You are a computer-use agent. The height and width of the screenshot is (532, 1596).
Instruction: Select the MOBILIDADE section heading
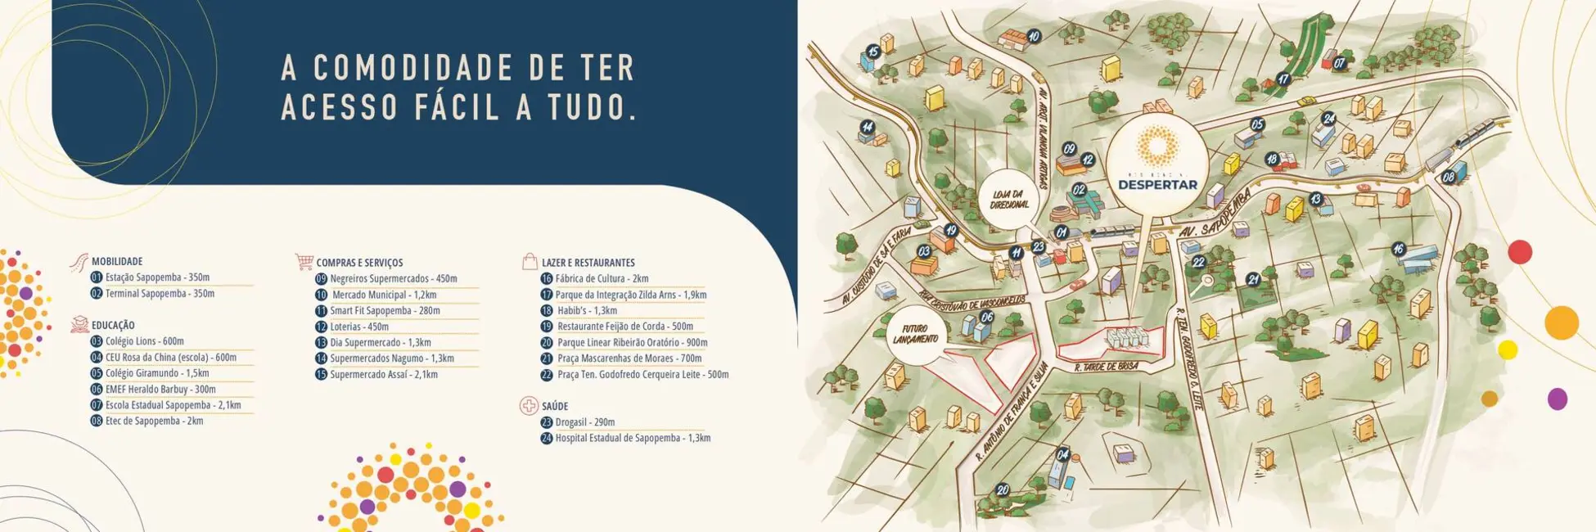click(117, 261)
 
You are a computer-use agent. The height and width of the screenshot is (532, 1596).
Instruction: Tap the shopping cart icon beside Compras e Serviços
click(304, 262)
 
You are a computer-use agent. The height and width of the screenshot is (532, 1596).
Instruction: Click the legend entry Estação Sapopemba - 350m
click(157, 277)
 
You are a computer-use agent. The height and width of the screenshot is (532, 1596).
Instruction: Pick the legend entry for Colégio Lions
click(144, 341)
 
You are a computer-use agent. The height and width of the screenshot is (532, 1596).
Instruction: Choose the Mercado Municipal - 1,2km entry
click(383, 295)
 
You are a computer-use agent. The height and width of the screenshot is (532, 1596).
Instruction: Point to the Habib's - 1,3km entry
click(586, 311)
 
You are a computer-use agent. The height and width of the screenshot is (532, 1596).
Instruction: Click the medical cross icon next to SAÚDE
click(529, 406)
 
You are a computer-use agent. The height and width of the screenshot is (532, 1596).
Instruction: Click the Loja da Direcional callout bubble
click(1009, 199)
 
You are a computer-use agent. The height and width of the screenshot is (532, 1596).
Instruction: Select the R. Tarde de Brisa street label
click(1106, 367)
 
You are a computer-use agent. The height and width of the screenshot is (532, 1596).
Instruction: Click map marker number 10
click(1034, 37)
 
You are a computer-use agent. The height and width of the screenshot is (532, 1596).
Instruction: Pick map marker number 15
click(873, 52)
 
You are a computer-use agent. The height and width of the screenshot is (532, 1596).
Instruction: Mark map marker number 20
click(1003, 490)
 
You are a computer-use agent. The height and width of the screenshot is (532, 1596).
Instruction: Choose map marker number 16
click(1398, 249)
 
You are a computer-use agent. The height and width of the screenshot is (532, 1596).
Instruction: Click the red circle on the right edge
click(1520, 251)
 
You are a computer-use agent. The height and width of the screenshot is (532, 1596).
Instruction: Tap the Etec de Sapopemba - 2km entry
click(154, 422)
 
